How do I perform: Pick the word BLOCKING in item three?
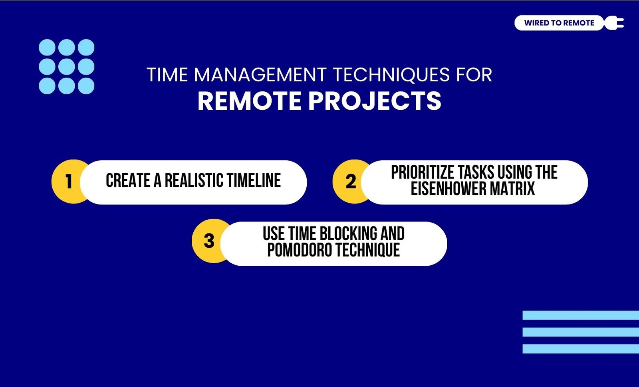344,233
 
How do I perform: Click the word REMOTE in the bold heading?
250,101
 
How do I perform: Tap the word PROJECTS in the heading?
375,101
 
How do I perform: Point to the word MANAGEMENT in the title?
260,75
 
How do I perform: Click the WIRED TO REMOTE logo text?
559,23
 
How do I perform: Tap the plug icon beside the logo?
614,23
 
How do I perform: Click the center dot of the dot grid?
66,67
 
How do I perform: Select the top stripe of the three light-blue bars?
581,315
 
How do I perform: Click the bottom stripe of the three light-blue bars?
581,349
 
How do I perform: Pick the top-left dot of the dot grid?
47,47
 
